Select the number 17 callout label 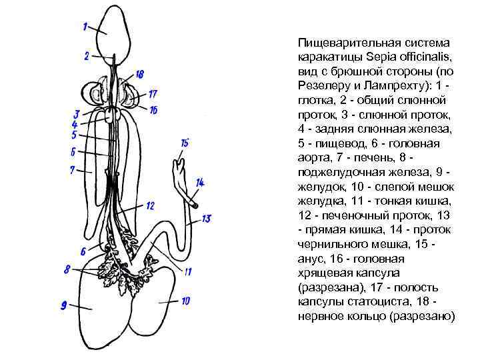click(x=153, y=94)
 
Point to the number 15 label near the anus click(x=185, y=142)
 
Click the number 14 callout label click(x=200, y=182)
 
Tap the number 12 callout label click(x=150, y=205)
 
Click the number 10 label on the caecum click(x=185, y=301)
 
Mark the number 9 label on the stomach click(x=65, y=306)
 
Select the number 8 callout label click(x=67, y=269)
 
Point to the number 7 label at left click(x=72, y=170)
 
